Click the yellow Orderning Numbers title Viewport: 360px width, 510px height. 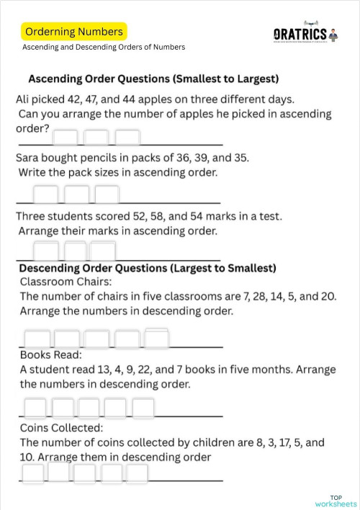(74, 32)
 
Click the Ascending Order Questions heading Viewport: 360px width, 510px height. (153, 78)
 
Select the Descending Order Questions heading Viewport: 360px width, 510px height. (147, 268)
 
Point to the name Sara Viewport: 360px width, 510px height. (28, 157)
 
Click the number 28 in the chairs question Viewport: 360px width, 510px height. (243, 296)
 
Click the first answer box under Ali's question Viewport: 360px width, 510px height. (65, 137)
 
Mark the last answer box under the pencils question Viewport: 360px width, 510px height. (107, 194)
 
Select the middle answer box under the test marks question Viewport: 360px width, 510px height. (76, 251)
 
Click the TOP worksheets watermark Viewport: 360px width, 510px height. (336, 501)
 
